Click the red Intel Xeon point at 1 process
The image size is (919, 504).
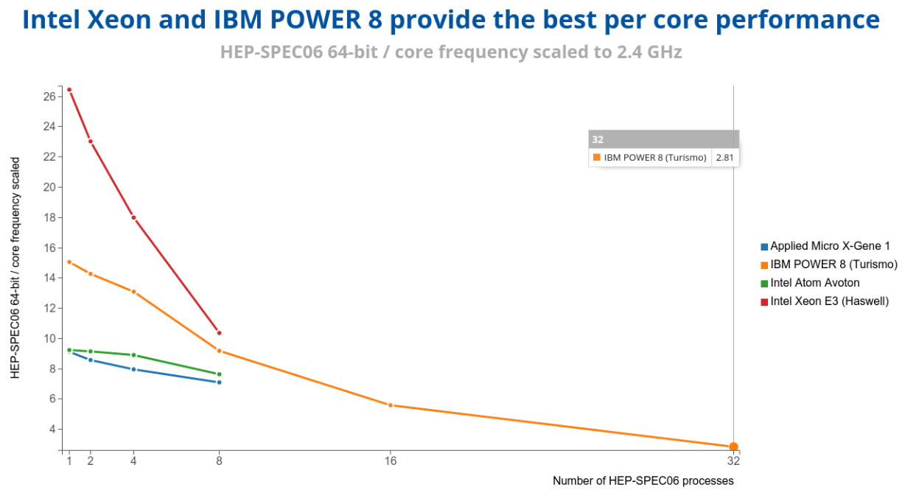69,90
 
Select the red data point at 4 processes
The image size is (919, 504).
133,218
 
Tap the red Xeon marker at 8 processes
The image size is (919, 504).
219,333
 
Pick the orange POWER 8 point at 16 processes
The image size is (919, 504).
391,405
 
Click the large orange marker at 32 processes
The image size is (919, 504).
733,447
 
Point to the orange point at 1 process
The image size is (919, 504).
69,262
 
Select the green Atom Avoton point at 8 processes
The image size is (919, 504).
219,374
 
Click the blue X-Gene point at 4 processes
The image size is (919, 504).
133,369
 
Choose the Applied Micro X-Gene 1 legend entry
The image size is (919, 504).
825,246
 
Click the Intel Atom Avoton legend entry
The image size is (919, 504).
810,283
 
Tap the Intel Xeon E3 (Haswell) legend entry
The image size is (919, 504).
825,301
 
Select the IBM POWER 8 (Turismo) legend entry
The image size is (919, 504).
829,265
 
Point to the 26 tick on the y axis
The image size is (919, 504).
49,97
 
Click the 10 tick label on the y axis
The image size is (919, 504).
49,339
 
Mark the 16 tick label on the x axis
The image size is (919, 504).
391,461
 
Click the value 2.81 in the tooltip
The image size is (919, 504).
724,158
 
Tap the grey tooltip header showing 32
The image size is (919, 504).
664,139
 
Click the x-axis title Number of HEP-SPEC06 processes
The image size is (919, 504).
643,481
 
